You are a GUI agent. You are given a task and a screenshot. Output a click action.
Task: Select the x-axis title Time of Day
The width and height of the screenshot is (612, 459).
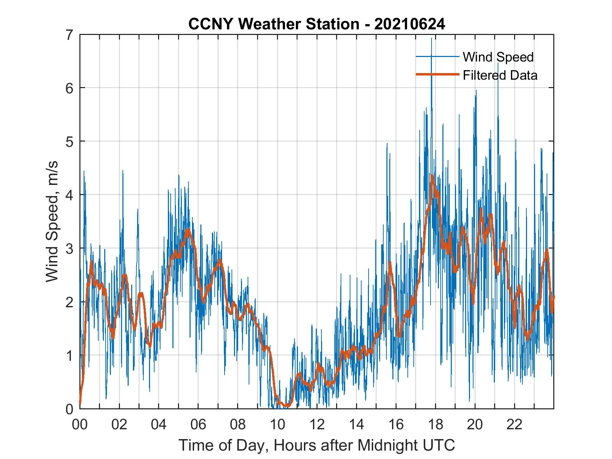[x=317, y=445]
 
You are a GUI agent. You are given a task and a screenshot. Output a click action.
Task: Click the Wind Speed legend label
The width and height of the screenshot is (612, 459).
[x=498, y=57]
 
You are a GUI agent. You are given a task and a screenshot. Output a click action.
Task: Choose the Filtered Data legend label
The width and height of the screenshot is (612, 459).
[x=500, y=75]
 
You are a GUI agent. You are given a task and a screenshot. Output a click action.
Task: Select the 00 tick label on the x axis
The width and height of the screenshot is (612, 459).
[x=80, y=424]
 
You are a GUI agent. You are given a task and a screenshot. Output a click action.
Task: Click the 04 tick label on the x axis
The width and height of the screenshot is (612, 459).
[x=159, y=424]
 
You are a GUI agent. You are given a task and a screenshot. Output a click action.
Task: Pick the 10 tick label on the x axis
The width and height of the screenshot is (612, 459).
[x=277, y=424]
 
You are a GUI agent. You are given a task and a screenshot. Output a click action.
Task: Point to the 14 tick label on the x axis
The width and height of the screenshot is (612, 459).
[x=356, y=424]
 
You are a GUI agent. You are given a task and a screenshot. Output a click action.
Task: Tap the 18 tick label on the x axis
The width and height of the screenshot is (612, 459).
[x=435, y=424]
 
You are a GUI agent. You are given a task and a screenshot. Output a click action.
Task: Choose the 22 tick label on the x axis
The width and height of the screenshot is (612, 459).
[x=514, y=424]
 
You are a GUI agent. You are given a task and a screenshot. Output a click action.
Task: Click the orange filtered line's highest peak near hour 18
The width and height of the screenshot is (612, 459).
[x=432, y=176]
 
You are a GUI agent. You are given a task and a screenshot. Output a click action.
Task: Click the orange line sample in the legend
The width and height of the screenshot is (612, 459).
[x=437, y=74]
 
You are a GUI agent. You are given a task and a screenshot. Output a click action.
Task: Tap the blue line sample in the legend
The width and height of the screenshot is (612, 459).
[x=437, y=57]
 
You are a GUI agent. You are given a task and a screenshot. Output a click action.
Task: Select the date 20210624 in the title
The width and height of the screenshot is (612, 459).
[x=410, y=24]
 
